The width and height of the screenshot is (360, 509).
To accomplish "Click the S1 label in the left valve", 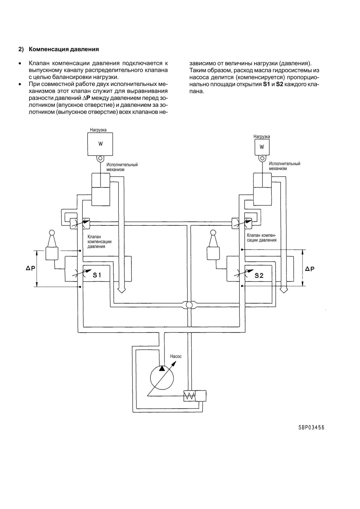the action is [x=97, y=275].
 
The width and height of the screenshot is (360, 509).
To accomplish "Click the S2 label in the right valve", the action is [x=259, y=275].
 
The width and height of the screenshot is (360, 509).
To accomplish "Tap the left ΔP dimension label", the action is [x=30, y=268].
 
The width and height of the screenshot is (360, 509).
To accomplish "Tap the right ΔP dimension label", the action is [x=310, y=269].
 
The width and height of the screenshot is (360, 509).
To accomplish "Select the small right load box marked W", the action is [x=262, y=147].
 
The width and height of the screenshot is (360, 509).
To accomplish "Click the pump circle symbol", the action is [x=162, y=378].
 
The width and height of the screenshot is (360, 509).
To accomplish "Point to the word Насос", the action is [x=176, y=356].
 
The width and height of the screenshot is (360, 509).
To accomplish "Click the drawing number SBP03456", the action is [x=311, y=427].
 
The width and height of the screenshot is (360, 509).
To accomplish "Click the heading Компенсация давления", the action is [x=64, y=49].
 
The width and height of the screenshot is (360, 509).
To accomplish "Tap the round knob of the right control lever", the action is [x=213, y=233].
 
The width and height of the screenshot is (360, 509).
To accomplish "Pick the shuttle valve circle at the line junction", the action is [x=189, y=305].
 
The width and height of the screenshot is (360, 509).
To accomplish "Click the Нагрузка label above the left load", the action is [x=98, y=130].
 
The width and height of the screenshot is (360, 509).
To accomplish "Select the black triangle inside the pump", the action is [x=162, y=369].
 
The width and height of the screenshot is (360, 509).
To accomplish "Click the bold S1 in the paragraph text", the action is [x=266, y=84].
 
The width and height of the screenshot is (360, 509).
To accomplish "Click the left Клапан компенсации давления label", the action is [x=99, y=241].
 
